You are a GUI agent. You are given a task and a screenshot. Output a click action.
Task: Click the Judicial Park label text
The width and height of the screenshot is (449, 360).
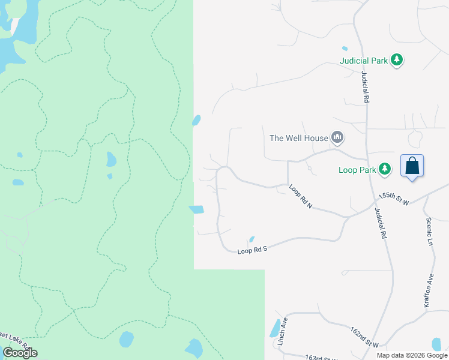click(363, 61)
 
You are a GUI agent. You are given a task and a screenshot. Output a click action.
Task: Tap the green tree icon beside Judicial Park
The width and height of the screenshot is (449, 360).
click(396, 60)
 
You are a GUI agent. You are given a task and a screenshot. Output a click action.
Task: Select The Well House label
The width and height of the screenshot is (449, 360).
click(299, 138)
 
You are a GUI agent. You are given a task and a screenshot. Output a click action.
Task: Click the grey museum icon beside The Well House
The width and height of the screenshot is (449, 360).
click(338, 138)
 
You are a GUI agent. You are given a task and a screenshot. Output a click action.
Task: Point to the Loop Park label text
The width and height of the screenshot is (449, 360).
click(357, 170)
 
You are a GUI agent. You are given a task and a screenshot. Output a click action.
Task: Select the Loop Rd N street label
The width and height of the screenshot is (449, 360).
click(301, 196)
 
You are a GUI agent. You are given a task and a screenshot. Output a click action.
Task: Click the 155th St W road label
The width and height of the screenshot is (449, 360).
click(394, 199)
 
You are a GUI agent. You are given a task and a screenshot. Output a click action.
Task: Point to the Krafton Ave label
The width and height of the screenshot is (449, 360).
click(428, 292)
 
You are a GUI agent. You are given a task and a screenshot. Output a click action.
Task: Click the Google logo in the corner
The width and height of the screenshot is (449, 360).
click(20, 353)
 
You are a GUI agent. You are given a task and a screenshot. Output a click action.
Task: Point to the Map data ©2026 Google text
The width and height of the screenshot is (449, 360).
click(411, 355)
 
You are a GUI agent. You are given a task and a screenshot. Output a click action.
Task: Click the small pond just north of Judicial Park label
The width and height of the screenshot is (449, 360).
click(345, 49)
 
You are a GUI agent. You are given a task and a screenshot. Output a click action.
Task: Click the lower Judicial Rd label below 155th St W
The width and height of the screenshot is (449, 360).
click(380, 224)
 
